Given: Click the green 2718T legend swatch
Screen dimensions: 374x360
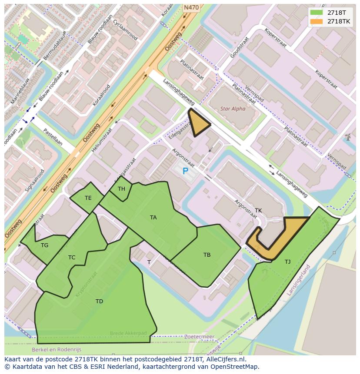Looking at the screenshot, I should [x=317, y=13].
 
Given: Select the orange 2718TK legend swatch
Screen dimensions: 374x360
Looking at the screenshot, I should [x=317, y=21].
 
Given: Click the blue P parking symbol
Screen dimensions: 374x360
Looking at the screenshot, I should [x=185, y=171].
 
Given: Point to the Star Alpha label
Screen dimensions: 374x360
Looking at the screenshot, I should [x=233, y=109].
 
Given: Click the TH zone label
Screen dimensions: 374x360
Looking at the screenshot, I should [x=121, y=189].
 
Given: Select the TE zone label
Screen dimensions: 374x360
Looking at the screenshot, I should [x=88, y=198].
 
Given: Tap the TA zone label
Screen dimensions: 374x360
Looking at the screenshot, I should [x=153, y=218].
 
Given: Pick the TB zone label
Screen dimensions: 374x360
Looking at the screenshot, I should [x=207, y=255].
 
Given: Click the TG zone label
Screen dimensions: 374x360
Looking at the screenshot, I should [x=44, y=245].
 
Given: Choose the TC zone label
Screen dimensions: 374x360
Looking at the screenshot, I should [x=72, y=258].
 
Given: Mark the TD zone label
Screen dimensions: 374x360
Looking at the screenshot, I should [x=99, y=301].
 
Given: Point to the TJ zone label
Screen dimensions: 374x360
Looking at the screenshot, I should [x=287, y=261].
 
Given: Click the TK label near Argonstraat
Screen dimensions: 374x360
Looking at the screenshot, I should [x=258, y=211].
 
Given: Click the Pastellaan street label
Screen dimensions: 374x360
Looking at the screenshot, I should [x=53, y=137].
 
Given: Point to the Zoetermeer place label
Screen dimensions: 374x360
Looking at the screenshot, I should [x=199, y=337].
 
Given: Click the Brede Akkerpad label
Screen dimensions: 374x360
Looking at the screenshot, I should [x=128, y=333].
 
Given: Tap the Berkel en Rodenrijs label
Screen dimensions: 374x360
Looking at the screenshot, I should [x=56, y=349].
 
